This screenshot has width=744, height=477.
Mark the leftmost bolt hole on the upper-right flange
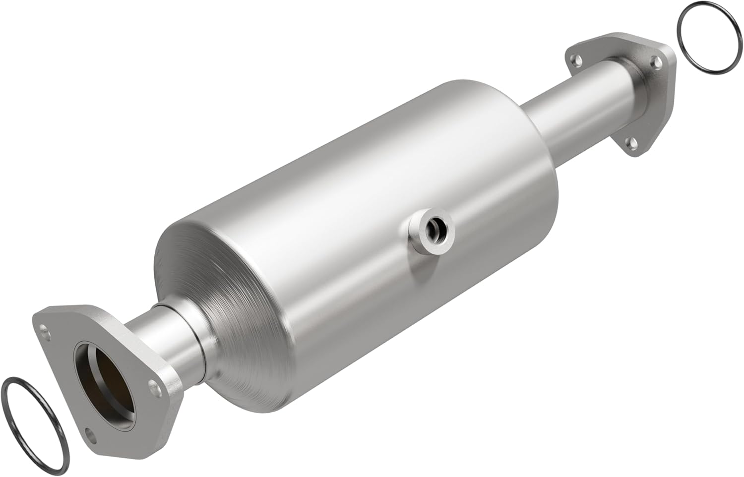tap(577, 60)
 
